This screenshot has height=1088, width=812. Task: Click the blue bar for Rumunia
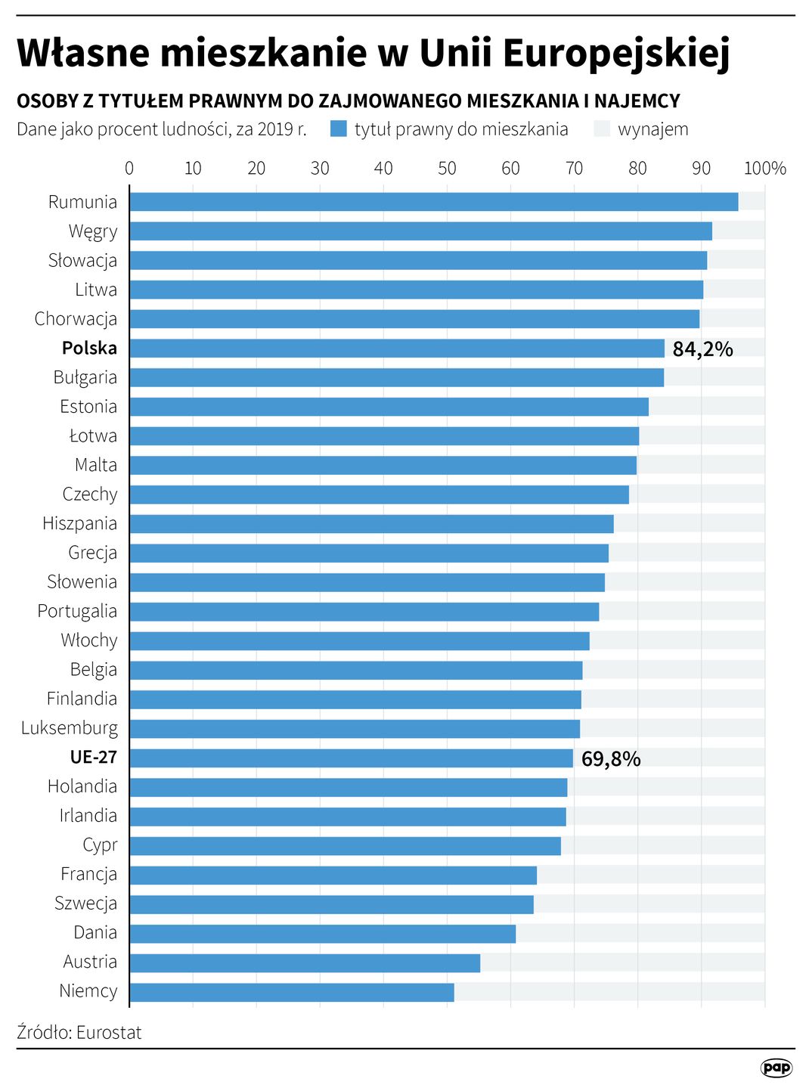(433, 202)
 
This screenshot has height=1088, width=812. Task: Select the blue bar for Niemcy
(292, 992)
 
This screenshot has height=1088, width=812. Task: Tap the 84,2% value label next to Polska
(702, 349)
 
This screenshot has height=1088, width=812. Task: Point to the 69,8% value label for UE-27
(610, 759)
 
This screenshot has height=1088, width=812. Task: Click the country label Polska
(89, 348)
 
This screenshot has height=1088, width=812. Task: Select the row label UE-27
(93, 758)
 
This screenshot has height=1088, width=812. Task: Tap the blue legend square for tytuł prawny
(339, 129)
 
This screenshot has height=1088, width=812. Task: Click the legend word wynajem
(652, 129)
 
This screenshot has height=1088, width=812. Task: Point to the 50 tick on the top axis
(447, 168)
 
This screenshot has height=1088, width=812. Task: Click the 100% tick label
(764, 168)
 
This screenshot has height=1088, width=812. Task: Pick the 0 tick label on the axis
(129, 168)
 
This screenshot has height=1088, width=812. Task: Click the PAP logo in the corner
(776, 1068)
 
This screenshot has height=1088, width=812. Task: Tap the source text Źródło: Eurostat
(79, 1032)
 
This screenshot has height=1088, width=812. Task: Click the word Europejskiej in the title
(616, 54)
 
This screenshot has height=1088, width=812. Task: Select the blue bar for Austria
(305, 963)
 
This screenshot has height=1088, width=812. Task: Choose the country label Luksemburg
(70, 728)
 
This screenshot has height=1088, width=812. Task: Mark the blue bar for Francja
(333, 876)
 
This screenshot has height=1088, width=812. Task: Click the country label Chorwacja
(76, 319)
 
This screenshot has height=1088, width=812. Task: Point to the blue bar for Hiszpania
(371, 524)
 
